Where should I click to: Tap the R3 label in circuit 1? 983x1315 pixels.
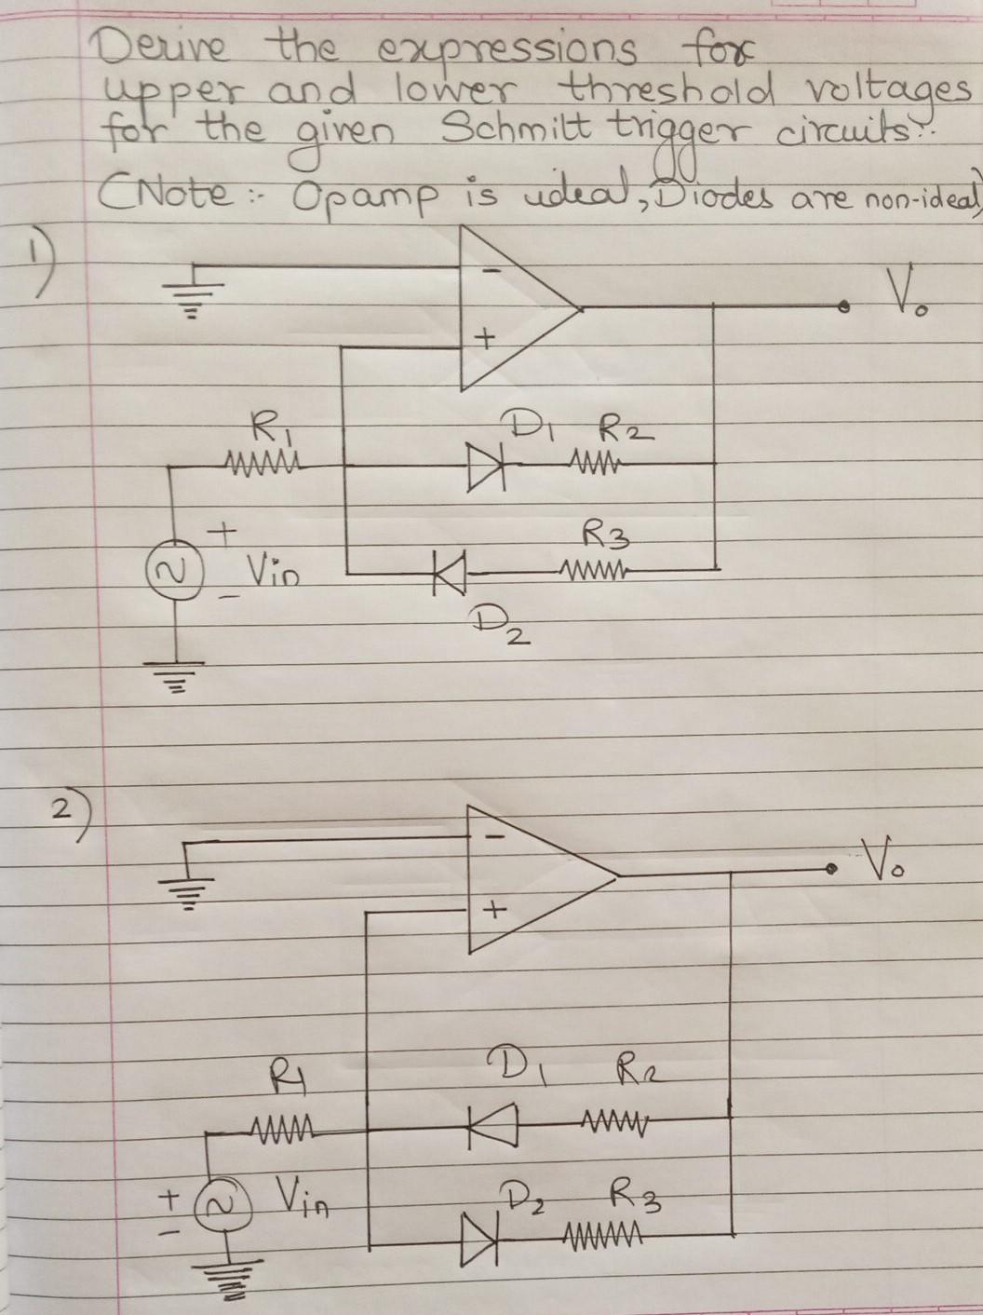(601, 535)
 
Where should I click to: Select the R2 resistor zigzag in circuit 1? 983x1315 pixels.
(597, 462)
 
